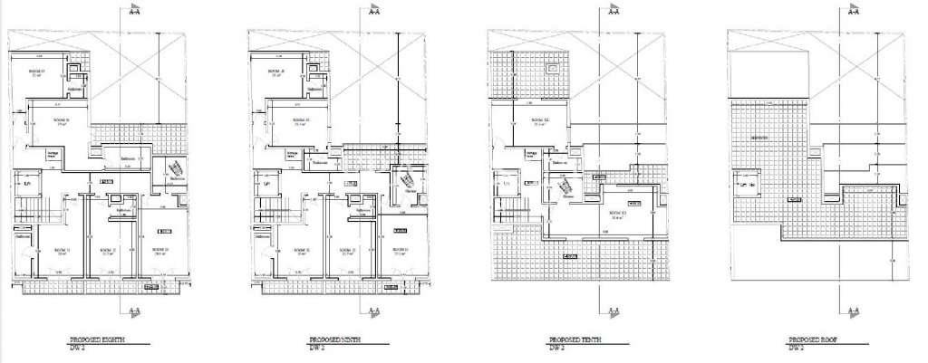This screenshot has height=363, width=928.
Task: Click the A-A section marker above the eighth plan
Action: [134, 12]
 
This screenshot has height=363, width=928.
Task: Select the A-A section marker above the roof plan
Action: [853, 12]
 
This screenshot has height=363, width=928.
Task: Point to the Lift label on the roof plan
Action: [748, 185]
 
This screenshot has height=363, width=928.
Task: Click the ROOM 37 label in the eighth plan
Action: [37, 72]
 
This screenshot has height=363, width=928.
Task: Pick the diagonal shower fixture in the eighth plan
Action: [169, 170]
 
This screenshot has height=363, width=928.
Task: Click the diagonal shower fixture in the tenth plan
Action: [568, 187]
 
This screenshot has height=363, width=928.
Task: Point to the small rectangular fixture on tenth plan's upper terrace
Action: [552, 68]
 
